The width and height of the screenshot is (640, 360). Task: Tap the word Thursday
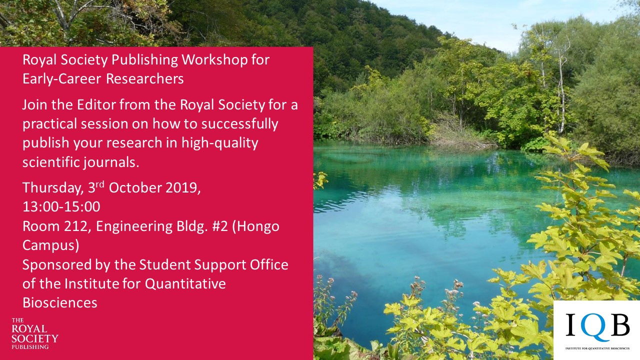pyautogui.click(x=53, y=188)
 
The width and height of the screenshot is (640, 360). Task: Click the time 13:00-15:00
pyautogui.click(x=61, y=207)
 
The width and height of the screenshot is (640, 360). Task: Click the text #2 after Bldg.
pyautogui.click(x=220, y=226)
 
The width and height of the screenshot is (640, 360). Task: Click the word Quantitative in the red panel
pyautogui.click(x=185, y=284)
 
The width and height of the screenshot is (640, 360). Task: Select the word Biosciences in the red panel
pyautogui.click(x=60, y=303)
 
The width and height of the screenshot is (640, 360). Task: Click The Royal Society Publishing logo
pyautogui.click(x=34, y=333)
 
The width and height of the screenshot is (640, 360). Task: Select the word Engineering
pyautogui.click(x=134, y=227)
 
